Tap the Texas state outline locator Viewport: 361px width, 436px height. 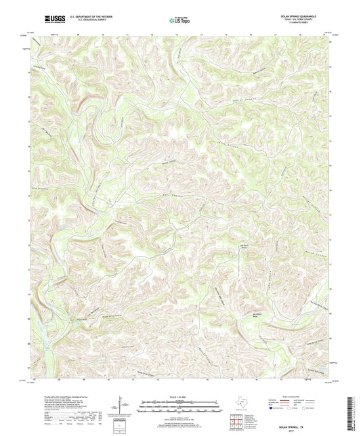tap(240, 403)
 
